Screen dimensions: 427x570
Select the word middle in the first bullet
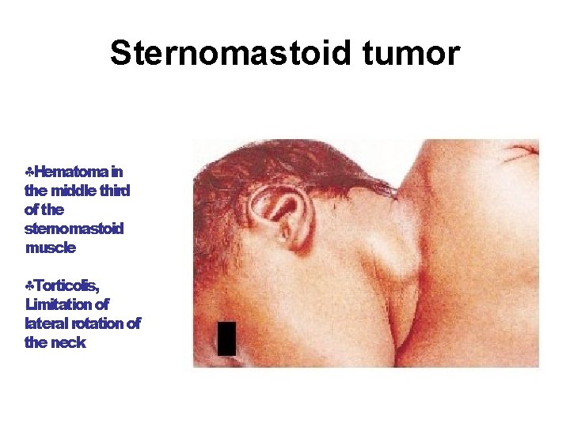pyautogui.click(x=72, y=191)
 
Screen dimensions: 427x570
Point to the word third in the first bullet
pyautogui.click(x=114, y=191)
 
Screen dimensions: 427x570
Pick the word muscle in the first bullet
pyautogui.click(x=51, y=248)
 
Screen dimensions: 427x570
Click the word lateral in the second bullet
pyautogui.click(x=45, y=323)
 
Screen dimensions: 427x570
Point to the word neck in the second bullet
pyautogui.click(x=69, y=342)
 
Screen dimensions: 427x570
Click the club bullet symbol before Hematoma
pyautogui.click(x=29, y=172)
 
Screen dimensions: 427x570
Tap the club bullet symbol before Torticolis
pyautogui.click(x=29, y=285)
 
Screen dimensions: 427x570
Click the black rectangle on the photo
pyautogui.click(x=226, y=338)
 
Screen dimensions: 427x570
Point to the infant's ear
pyautogui.click(x=280, y=209)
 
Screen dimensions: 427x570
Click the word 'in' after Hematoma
pyautogui.click(x=116, y=172)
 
